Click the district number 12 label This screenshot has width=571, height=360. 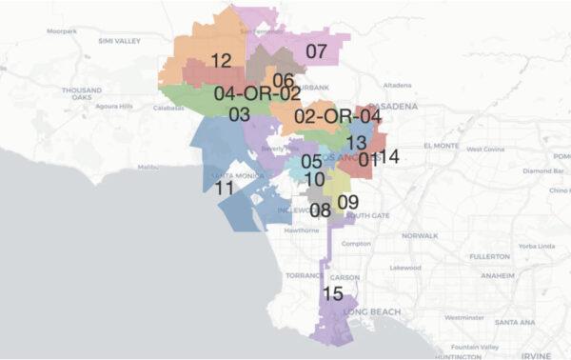pyautogui.click(x=221, y=60)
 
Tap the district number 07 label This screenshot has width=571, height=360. pyautogui.click(x=316, y=50)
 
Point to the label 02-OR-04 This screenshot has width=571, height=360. pyautogui.click(x=338, y=116)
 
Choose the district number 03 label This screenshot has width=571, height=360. pyautogui.click(x=239, y=114)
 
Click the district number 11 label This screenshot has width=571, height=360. pyautogui.click(x=225, y=188)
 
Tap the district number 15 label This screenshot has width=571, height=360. pyautogui.click(x=332, y=292)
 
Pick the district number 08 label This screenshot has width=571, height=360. pyautogui.click(x=320, y=210)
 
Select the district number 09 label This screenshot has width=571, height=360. pyautogui.click(x=347, y=201)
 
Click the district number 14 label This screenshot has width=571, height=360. pyautogui.click(x=387, y=155)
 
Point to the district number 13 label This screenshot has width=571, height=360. pyautogui.click(x=357, y=142)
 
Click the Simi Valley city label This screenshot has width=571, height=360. pyautogui.click(x=120, y=41)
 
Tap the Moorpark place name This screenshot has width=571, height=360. pyautogui.click(x=61, y=30)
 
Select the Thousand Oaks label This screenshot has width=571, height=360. pyautogui.click(x=83, y=93)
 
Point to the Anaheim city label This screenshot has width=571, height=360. pyautogui.click(x=498, y=275)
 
